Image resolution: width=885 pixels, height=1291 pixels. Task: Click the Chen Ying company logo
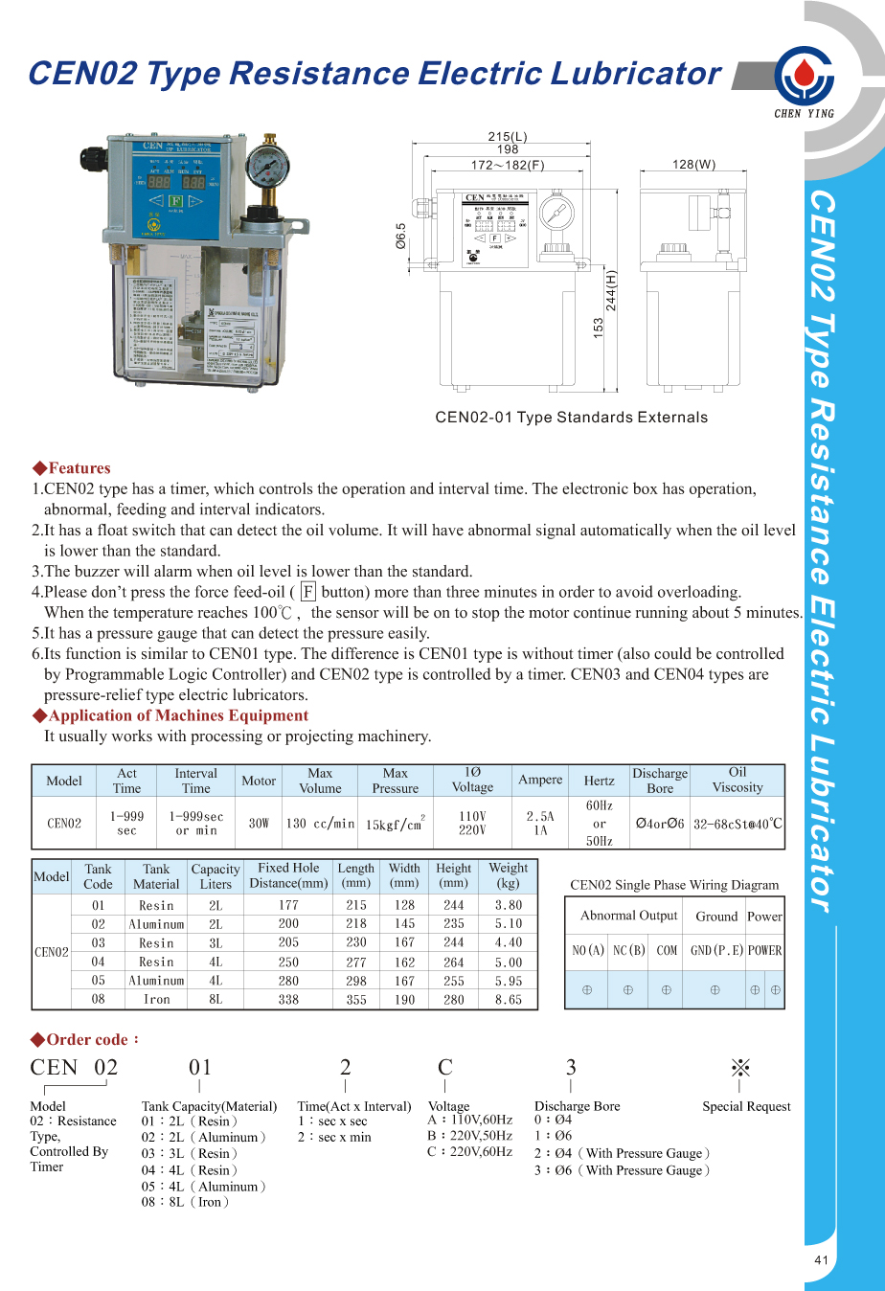point(804,77)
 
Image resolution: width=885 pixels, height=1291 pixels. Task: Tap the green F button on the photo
point(175,201)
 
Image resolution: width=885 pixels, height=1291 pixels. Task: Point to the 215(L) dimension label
point(508,137)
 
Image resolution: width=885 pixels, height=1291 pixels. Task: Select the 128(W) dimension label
point(693,165)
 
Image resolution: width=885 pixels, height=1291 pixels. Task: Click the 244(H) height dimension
point(611,290)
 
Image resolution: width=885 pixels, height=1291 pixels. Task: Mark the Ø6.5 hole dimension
point(401,236)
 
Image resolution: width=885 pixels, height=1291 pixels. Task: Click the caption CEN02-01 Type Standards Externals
point(571,418)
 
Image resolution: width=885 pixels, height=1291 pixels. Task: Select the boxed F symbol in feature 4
point(307,592)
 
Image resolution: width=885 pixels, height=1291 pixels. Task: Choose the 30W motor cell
point(259,823)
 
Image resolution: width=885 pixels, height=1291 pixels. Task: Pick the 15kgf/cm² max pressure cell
point(395,823)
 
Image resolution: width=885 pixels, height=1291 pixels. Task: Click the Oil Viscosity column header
point(737,780)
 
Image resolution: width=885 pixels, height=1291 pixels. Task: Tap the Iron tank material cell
point(156,999)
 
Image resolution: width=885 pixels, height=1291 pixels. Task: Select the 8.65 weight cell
point(509,999)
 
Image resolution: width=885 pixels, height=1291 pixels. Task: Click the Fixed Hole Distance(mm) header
point(288,875)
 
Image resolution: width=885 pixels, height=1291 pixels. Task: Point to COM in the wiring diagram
point(667,950)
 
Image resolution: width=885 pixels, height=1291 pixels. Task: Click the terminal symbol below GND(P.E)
point(715,989)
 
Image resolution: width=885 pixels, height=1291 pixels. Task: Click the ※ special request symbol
point(739,1068)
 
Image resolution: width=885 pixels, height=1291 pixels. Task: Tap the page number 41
point(821,1260)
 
